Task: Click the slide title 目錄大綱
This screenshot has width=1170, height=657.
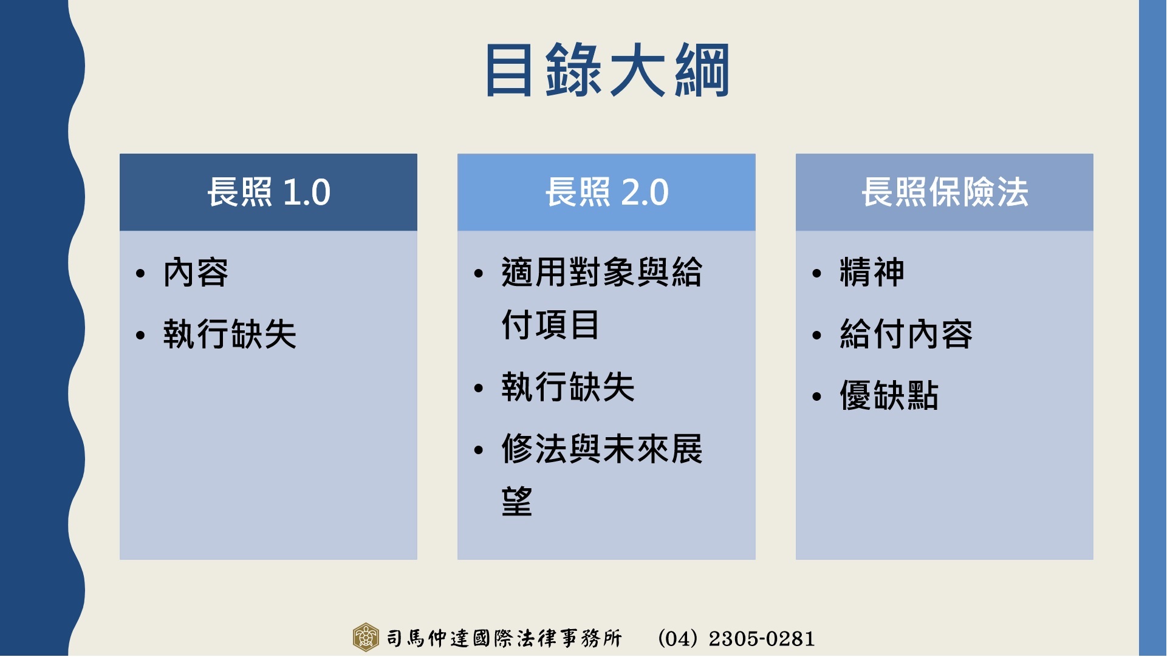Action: (607, 70)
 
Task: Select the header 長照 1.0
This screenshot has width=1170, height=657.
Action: (269, 192)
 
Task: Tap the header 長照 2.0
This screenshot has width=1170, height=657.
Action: (607, 192)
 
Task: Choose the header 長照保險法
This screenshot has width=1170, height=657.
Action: (945, 192)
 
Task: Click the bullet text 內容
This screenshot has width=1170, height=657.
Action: (196, 273)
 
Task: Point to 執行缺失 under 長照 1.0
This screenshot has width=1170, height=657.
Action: (230, 335)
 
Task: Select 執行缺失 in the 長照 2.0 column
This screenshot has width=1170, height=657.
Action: (569, 387)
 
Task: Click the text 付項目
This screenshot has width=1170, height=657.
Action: (551, 325)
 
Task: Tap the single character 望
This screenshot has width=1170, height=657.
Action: (518, 502)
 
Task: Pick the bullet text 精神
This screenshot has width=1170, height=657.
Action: (872, 273)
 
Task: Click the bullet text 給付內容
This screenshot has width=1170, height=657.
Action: (906, 335)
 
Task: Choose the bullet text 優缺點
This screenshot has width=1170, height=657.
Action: (889, 396)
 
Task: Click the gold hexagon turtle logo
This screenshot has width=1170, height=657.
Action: (366, 638)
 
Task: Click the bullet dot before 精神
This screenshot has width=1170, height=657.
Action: (817, 274)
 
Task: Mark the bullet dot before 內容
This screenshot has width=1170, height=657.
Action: (141, 274)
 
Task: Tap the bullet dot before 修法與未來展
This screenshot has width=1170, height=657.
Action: (479, 451)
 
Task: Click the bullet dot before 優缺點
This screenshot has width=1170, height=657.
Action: (817, 397)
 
